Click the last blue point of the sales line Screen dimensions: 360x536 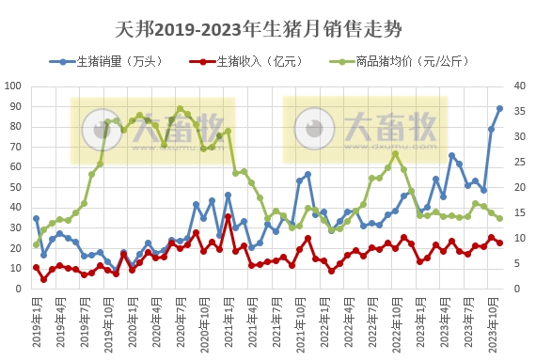click(499, 108)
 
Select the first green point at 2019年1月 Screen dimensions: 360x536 click(37, 244)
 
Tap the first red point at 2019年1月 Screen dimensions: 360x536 click(37, 268)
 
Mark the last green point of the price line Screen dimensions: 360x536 click(499, 218)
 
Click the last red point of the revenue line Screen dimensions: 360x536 click(499, 243)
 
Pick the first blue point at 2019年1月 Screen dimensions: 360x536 click(37, 218)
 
